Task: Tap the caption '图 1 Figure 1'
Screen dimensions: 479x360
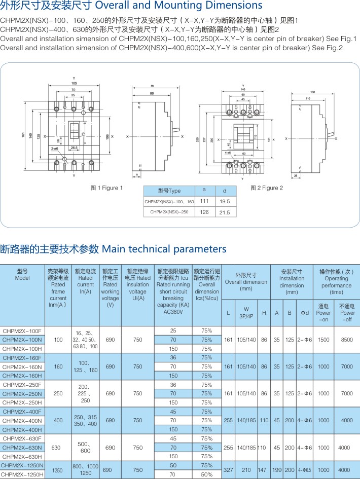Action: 106,188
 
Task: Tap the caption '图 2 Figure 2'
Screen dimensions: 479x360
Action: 267,188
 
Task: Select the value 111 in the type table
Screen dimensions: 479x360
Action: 204,201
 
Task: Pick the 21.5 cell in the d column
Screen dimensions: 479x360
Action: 223,212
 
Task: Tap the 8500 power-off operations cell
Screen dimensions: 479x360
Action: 347,340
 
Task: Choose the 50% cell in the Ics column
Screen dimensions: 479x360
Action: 206,474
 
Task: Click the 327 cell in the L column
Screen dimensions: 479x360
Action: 228,470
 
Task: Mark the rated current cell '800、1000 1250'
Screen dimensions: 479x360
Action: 85,470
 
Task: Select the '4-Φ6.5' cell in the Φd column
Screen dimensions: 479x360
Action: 304,470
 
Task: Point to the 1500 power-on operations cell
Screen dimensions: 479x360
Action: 323,340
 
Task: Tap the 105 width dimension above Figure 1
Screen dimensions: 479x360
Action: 74,83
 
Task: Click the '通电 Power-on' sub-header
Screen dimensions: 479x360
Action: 323,313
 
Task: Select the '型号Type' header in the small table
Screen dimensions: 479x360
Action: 169,191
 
